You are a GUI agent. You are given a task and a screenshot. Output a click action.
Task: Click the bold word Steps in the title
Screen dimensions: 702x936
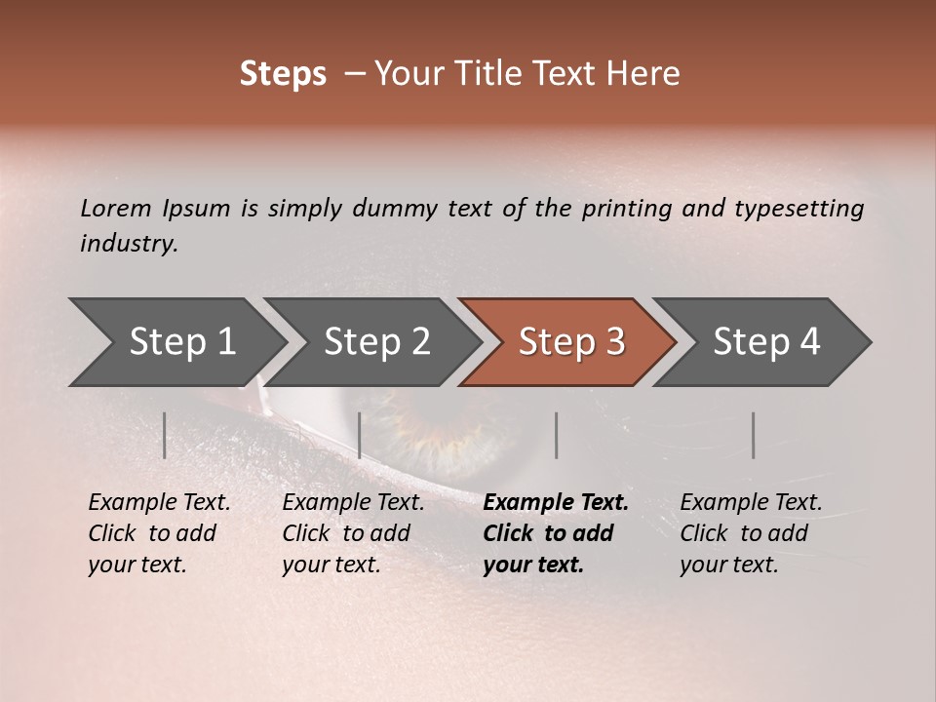pyautogui.click(x=283, y=74)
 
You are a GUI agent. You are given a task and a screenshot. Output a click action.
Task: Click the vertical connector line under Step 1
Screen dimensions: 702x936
pyautogui.click(x=165, y=435)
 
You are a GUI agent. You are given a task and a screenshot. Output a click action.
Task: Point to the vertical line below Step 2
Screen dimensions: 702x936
pyautogui.click(x=360, y=435)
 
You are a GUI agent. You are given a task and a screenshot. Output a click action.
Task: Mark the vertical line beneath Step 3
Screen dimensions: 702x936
pyautogui.click(x=556, y=435)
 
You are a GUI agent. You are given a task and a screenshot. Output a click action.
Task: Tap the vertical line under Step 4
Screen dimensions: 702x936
pyautogui.click(x=753, y=435)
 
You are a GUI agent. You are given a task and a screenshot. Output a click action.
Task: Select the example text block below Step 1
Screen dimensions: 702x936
pyautogui.click(x=159, y=533)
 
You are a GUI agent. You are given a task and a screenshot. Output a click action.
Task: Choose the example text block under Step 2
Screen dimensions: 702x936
pyautogui.click(x=353, y=533)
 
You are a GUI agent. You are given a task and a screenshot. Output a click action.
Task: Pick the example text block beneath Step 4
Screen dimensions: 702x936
pyautogui.click(x=751, y=533)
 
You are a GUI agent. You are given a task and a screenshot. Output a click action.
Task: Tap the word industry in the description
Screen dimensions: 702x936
pyautogui.click(x=129, y=244)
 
